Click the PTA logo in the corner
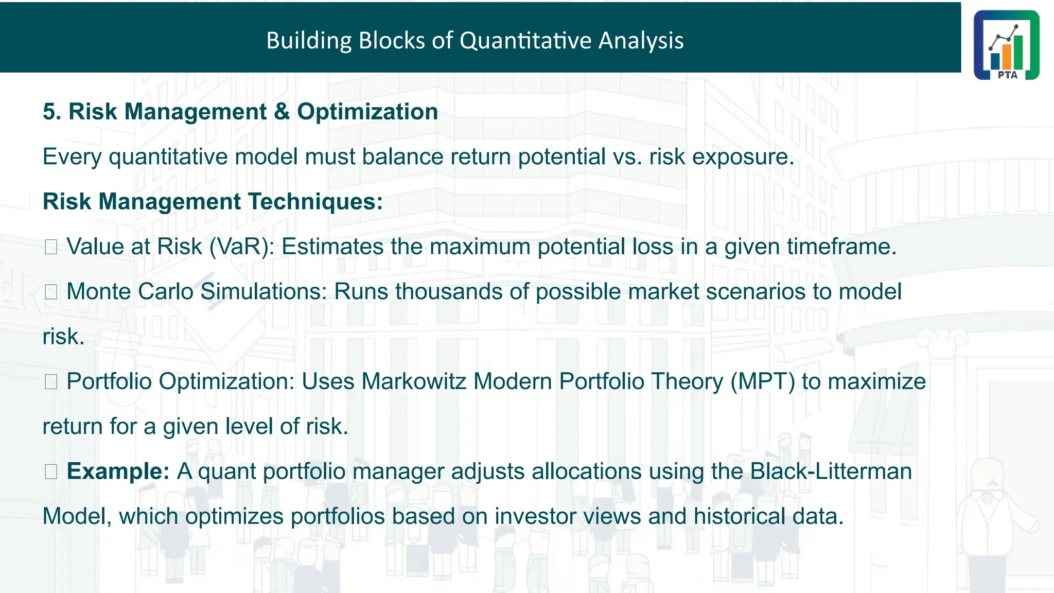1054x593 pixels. [x=1006, y=45]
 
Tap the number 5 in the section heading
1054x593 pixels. [x=49, y=112]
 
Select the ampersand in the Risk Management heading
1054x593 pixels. [x=282, y=112]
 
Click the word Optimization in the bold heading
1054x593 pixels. [x=367, y=112]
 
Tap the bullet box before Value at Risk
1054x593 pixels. [x=50, y=247]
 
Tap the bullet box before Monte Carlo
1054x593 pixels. [x=50, y=292]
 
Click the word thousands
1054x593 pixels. [x=449, y=291]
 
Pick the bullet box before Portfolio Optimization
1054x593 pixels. [x=50, y=382]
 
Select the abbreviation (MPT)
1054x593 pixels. [x=763, y=381]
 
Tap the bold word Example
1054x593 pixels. [x=117, y=471]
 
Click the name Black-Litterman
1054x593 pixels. [x=831, y=471]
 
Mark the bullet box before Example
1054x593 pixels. [x=50, y=472]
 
